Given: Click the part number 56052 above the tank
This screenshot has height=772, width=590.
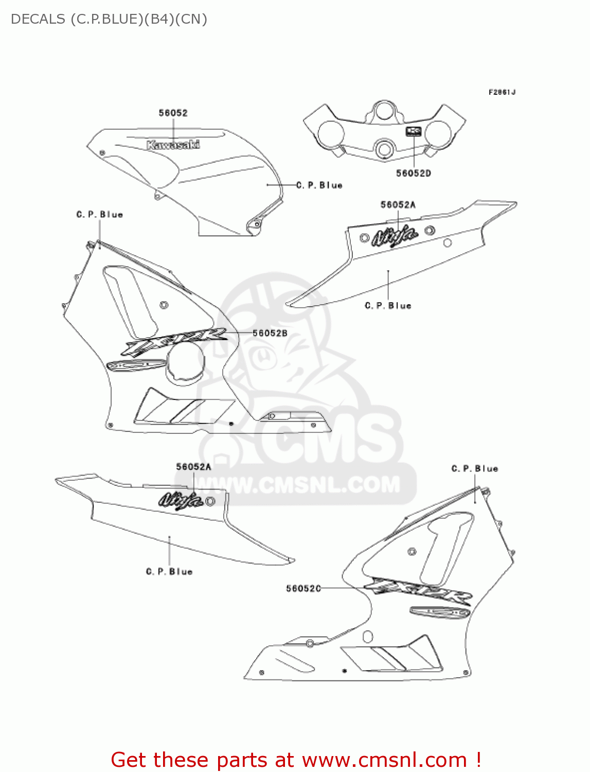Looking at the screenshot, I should (x=173, y=113).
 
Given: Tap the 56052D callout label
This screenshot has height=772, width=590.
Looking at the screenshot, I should (x=413, y=173).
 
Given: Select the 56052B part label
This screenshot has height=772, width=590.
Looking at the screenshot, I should (x=270, y=334).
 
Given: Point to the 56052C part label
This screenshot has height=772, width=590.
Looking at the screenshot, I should (x=303, y=588).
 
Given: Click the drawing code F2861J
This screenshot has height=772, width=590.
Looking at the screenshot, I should (x=502, y=92).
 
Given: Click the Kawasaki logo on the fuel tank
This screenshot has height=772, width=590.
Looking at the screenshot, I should (x=173, y=145).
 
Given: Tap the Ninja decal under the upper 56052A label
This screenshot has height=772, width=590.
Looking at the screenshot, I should (x=395, y=236).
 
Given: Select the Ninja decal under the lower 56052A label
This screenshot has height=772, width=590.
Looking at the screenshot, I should (x=180, y=500).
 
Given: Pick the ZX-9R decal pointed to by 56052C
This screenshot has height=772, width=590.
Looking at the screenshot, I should (x=418, y=592).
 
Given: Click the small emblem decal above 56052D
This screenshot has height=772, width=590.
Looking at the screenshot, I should (x=414, y=131).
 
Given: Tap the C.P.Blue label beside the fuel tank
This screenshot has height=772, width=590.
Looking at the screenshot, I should (x=319, y=185).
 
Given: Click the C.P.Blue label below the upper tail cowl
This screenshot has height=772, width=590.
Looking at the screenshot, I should (x=388, y=306).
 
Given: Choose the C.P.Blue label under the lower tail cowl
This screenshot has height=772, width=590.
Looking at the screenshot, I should (x=169, y=572).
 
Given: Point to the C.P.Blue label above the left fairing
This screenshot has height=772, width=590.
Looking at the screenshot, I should (x=100, y=215).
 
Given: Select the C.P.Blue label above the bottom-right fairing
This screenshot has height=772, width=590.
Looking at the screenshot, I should (x=475, y=469).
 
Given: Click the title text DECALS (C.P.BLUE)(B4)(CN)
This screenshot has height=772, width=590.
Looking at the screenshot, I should (x=109, y=19).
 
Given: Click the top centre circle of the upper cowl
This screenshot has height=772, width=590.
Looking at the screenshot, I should (x=384, y=111).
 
